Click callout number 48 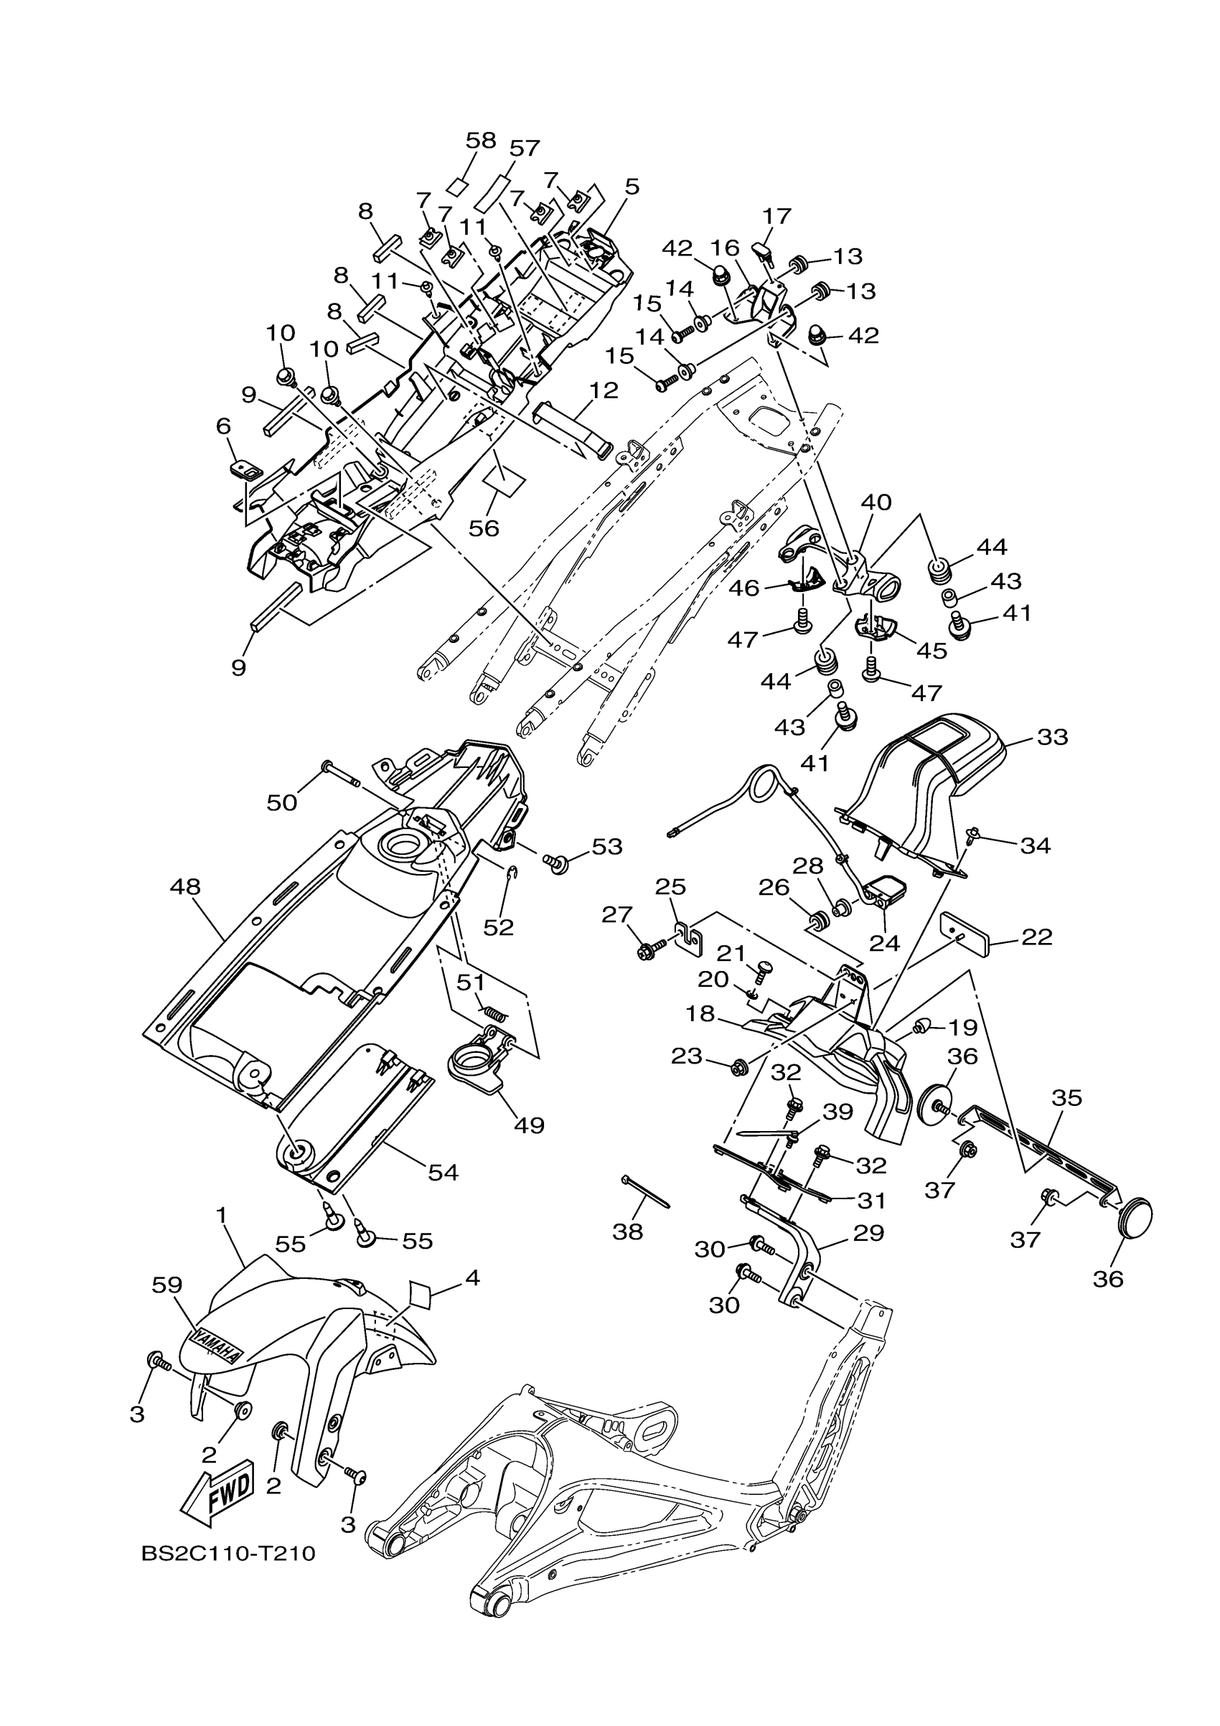click(x=186, y=887)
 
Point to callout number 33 click(x=1051, y=738)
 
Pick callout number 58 click(x=481, y=141)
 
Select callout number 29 click(x=869, y=1233)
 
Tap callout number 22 click(x=1036, y=937)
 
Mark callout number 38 click(x=628, y=1232)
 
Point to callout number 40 click(x=876, y=502)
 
